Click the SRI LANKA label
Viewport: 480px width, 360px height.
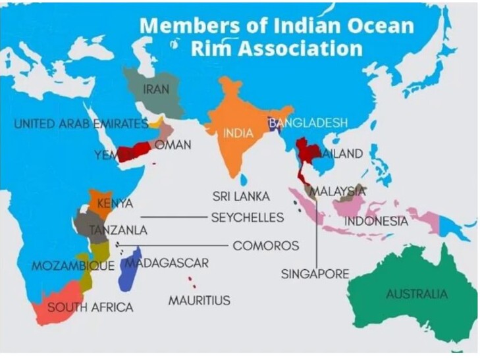tap(241, 196)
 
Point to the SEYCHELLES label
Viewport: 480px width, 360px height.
tap(247, 217)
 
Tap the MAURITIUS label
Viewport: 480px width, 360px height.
tap(199, 301)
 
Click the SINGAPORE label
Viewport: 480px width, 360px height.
tap(315, 274)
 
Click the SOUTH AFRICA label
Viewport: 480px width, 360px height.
tap(90, 307)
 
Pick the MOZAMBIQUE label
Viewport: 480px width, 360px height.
tap(73, 267)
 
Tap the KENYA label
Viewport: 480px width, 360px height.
tap(115, 203)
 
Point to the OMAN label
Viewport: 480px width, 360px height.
tap(173, 145)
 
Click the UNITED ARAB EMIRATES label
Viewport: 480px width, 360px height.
tap(81, 124)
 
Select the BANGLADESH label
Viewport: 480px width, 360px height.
tap(307, 123)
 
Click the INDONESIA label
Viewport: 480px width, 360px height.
tap(376, 221)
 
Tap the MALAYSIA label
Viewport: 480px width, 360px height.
tap(338, 192)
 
